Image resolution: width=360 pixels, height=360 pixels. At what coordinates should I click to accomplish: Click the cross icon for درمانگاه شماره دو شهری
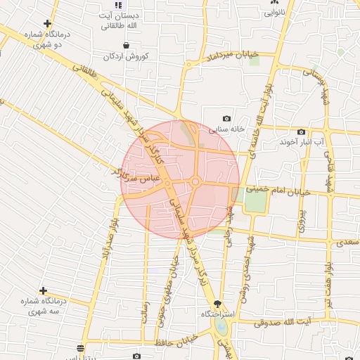[47, 23]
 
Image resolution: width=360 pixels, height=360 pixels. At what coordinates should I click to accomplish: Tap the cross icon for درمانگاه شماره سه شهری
[43, 290]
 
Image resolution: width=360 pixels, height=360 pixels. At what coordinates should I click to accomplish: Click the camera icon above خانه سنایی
[226, 119]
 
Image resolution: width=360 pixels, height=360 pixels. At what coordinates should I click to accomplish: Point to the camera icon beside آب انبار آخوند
[301, 131]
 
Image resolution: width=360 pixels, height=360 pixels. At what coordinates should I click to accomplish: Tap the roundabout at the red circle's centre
[195, 182]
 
